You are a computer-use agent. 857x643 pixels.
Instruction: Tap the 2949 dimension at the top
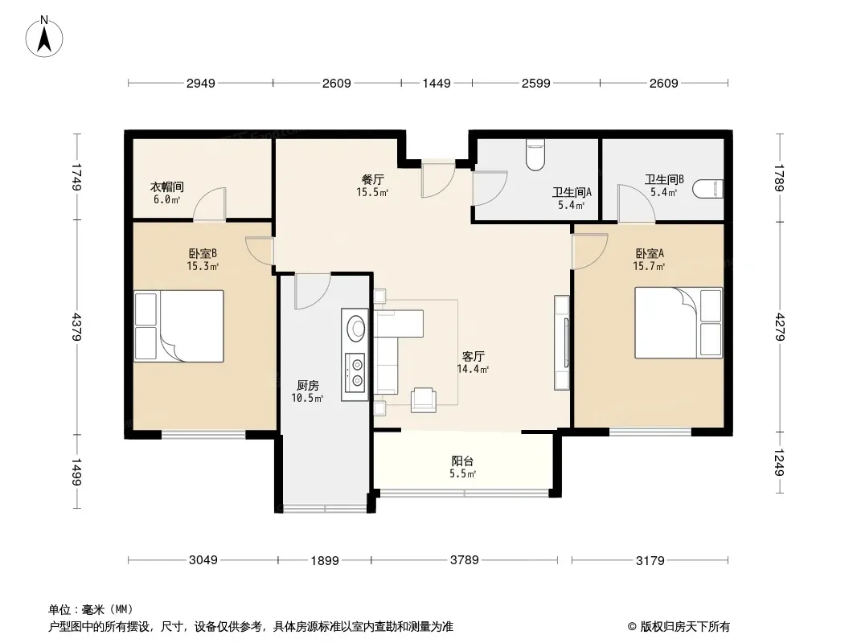[201, 84]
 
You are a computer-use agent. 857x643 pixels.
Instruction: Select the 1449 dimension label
[437, 84]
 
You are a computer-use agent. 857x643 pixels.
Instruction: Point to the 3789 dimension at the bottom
[464, 560]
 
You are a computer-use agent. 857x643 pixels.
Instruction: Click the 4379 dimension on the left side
[76, 326]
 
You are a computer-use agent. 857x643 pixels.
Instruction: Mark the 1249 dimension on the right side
[779, 461]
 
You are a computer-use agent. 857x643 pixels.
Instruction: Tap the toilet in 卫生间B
[707, 189]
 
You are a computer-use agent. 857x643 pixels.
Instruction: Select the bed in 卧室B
[179, 326]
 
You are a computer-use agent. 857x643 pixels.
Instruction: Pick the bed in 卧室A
[679, 323]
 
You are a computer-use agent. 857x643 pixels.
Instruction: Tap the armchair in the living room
[424, 399]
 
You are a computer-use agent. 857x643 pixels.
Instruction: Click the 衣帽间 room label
[166, 186]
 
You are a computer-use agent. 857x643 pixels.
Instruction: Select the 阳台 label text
[462, 461]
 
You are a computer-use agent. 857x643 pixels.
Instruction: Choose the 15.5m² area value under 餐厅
[372, 192]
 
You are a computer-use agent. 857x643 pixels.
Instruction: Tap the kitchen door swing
[312, 292]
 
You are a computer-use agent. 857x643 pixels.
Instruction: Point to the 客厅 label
[474, 357]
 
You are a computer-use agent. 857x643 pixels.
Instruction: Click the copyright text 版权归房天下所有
[685, 627]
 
